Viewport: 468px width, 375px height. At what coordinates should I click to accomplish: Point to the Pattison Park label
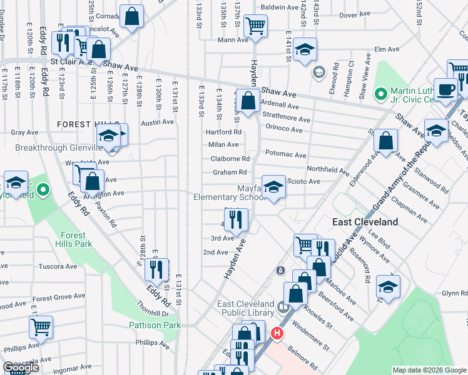(155, 325)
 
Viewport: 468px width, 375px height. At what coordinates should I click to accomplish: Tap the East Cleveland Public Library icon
(283, 307)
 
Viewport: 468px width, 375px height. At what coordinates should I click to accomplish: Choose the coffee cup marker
(445, 88)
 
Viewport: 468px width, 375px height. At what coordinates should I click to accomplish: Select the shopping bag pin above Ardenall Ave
(248, 99)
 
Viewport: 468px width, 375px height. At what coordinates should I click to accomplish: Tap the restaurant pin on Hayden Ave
(236, 219)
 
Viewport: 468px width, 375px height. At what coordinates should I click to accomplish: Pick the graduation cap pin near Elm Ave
(304, 49)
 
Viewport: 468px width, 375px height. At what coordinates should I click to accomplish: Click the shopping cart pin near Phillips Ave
(41, 326)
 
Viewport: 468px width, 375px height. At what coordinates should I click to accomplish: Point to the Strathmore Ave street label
(287, 119)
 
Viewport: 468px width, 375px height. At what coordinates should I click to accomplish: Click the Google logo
(21, 367)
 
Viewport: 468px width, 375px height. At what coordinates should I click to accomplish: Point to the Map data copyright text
(429, 370)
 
